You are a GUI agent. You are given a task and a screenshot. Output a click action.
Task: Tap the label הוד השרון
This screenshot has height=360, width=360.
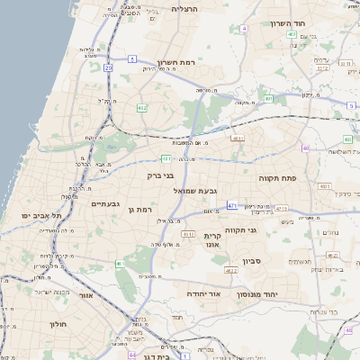click(288, 22)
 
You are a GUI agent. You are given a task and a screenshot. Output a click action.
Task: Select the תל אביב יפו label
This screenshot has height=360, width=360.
click(41, 216)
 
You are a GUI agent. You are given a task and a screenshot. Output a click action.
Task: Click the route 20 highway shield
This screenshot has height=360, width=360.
click(109, 67)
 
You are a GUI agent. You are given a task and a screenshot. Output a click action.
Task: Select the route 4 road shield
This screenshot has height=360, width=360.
click(243, 28)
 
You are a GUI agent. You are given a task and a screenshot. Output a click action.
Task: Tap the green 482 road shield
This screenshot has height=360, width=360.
click(142, 108)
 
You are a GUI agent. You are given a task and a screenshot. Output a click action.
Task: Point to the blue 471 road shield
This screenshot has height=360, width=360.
click(232, 205)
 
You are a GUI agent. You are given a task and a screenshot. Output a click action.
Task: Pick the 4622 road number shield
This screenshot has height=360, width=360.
click(230, 269)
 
